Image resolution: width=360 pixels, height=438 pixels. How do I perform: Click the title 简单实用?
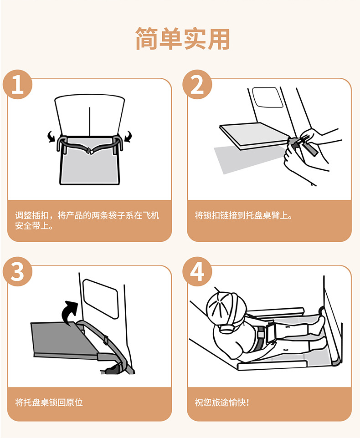(x=183, y=39)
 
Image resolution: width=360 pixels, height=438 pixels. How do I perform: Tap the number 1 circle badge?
(x=18, y=84)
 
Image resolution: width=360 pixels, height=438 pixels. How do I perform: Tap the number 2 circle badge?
(x=197, y=84)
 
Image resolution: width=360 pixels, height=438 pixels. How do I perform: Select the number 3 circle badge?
(x=18, y=271)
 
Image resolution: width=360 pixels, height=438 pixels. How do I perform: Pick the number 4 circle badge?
(x=197, y=271)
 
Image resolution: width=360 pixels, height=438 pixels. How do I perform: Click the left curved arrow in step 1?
(x=51, y=137)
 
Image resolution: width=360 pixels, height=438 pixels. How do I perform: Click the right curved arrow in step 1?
(x=128, y=137)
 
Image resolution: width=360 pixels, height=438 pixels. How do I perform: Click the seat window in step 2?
(x=266, y=97)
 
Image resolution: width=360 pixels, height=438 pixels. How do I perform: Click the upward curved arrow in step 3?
(x=69, y=313)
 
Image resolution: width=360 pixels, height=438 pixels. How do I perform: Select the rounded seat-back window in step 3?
(x=101, y=298)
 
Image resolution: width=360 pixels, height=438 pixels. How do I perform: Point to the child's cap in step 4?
(x=226, y=307)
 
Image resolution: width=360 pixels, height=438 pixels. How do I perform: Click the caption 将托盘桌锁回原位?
(x=49, y=402)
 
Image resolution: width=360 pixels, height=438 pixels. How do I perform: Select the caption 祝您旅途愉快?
(x=221, y=402)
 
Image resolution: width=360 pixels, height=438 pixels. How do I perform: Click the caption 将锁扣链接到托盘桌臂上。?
(x=244, y=215)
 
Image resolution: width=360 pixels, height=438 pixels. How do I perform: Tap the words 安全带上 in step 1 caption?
(x=32, y=226)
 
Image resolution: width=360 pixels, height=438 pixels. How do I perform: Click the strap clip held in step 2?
(x=301, y=144)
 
